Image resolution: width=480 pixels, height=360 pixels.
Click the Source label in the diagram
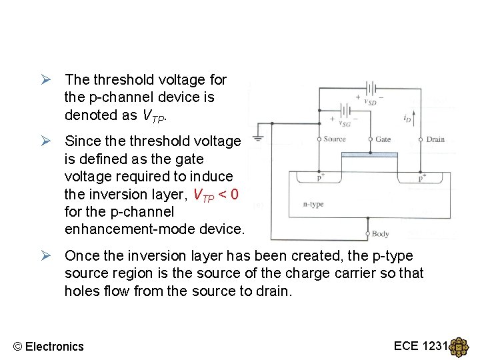tap(335, 139)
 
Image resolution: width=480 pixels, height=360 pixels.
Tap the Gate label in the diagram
tap(383, 139)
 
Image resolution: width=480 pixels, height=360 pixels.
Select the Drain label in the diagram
tap(435, 139)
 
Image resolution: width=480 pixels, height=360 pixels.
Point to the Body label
tap(380, 234)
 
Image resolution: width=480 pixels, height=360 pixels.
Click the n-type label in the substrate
tap(313, 204)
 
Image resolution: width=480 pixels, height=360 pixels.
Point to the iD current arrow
tap(415, 120)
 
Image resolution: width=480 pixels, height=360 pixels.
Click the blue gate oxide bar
tap(369, 155)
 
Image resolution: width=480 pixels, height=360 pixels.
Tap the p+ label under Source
tap(321, 178)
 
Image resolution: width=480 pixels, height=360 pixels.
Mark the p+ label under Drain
tap(422, 178)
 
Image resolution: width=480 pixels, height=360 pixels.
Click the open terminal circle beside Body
tap(367, 234)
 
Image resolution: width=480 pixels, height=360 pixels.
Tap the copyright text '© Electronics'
tap(49, 346)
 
